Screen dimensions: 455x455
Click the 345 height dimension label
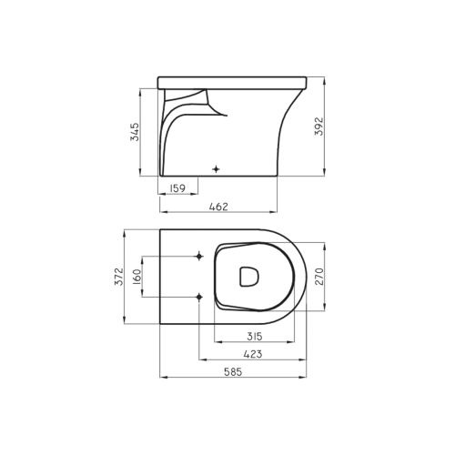135,132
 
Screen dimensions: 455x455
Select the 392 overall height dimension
319,126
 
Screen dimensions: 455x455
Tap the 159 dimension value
177,188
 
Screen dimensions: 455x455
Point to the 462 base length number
218,207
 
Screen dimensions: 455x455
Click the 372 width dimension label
119,276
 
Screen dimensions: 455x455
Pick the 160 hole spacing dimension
136,277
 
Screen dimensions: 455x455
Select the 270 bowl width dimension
319,277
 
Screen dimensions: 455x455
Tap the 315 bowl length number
254,336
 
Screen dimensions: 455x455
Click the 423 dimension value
253,354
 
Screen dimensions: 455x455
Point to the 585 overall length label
233,372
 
